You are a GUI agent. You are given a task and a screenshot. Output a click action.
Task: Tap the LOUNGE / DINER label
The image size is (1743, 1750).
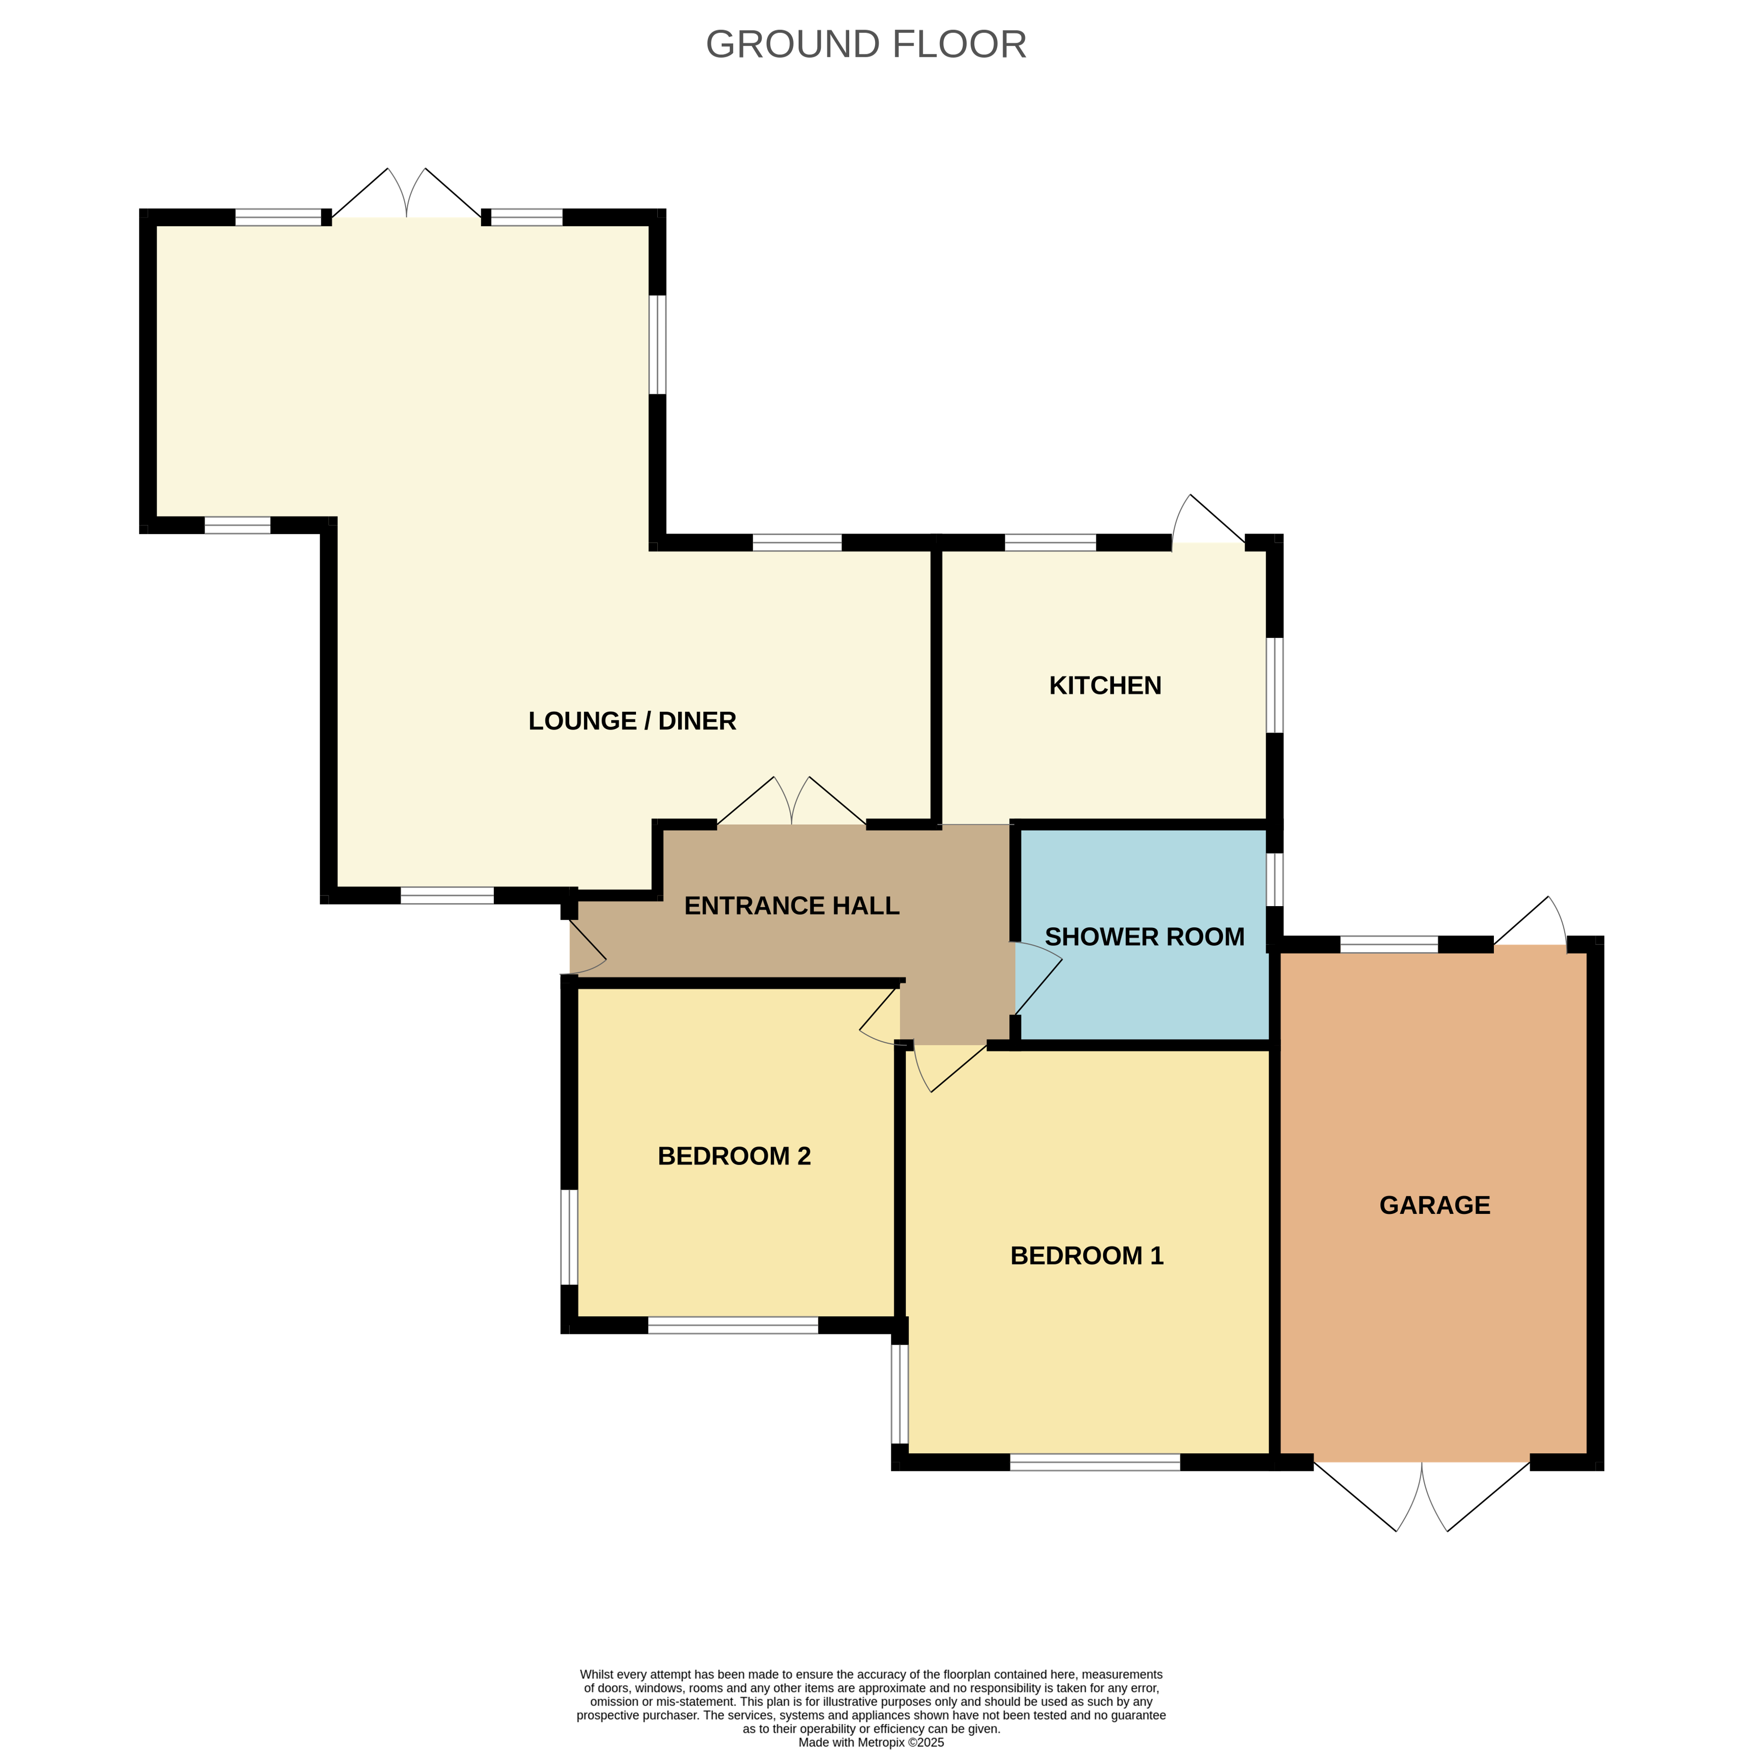click(632, 721)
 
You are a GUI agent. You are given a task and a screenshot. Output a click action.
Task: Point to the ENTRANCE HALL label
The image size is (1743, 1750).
click(792, 906)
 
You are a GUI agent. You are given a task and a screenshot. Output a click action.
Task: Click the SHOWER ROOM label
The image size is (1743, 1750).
click(1145, 937)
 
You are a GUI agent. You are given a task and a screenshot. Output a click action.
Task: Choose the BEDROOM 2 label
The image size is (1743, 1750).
click(734, 1156)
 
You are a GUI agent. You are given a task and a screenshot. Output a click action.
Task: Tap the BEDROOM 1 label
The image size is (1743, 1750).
click(1087, 1255)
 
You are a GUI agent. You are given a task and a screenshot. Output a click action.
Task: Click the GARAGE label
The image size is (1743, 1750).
click(1435, 1205)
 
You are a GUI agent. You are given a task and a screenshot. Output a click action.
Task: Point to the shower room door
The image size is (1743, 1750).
click(1038, 978)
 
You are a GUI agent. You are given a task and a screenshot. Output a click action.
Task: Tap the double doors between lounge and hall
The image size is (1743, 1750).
click(792, 801)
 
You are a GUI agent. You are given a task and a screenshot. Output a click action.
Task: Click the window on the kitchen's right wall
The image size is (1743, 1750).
click(1275, 685)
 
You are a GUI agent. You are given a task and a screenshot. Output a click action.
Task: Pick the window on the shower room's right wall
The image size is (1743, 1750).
click(1275, 879)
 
